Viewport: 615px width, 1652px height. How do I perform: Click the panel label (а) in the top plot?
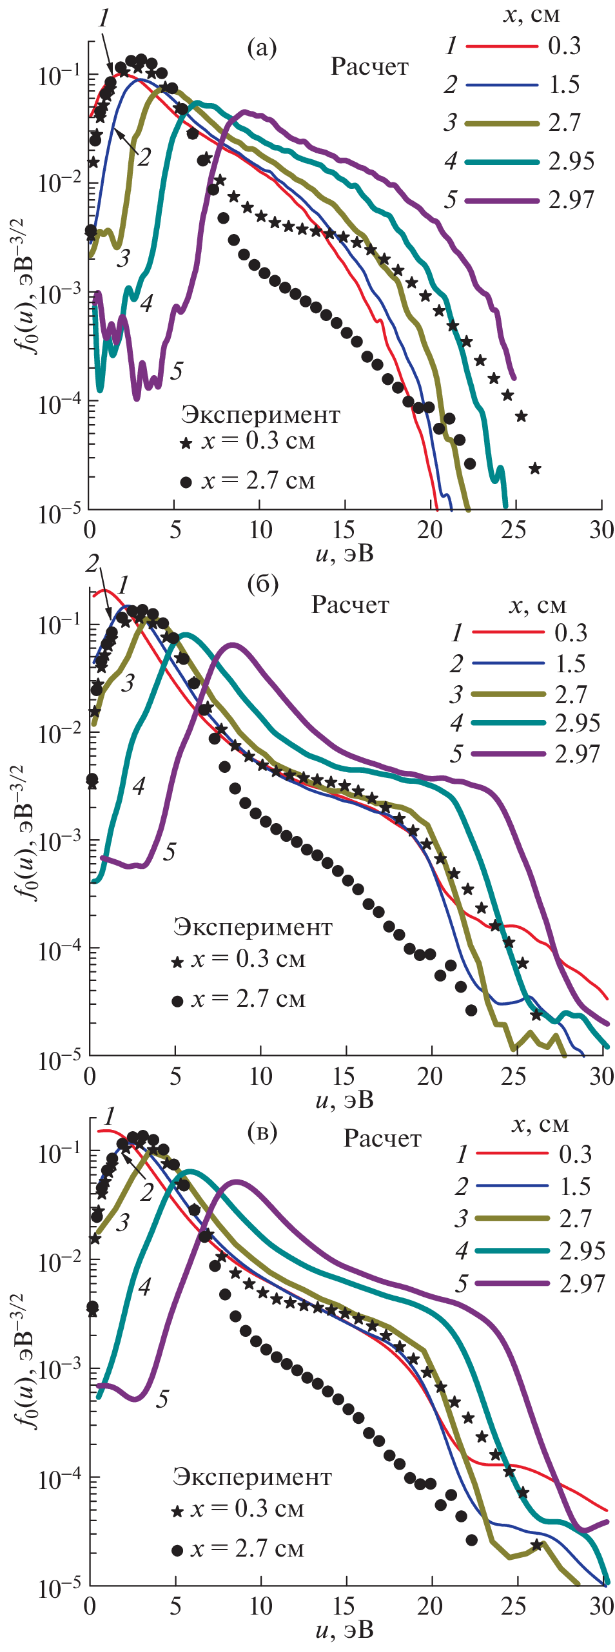(x=262, y=48)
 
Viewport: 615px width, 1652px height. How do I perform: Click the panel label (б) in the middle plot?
(x=262, y=584)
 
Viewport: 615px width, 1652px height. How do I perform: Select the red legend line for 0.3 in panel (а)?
(x=502, y=46)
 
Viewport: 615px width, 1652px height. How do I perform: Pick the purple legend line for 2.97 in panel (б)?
(x=508, y=753)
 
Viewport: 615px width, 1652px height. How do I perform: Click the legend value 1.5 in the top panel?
(x=564, y=84)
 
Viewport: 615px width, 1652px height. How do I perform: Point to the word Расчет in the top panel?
(x=369, y=66)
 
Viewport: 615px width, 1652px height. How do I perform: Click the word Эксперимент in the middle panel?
(x=253, y=927)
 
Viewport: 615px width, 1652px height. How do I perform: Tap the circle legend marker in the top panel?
(x=186, y=481)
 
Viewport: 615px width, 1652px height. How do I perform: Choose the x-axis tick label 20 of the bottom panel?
(x=430, y=1605)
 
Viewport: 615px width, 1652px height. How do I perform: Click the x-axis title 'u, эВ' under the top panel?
(x=344, y=553)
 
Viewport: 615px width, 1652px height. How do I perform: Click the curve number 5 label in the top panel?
(x=177, y=371)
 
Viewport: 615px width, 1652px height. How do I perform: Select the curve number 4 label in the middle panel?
(x=139, y=785)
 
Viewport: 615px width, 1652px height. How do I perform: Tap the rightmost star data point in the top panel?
(x=534, y=469)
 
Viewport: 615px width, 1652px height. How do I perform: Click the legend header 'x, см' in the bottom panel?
(x=540, y=1123)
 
